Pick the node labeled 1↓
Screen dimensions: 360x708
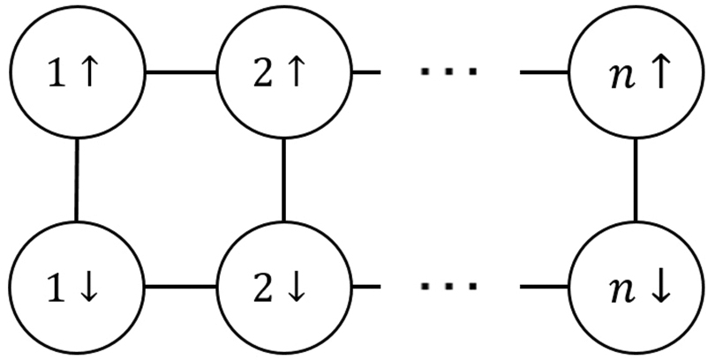(76, 288)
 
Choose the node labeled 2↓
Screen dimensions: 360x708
(283, 288)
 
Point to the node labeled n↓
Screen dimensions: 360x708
(636, 288)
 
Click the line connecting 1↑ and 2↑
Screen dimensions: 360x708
(180, 71)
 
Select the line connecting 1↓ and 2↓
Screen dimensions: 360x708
(180, 288)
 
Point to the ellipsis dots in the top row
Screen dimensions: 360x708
(448, 71)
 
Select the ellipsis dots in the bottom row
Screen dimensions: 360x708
(448, 288)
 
